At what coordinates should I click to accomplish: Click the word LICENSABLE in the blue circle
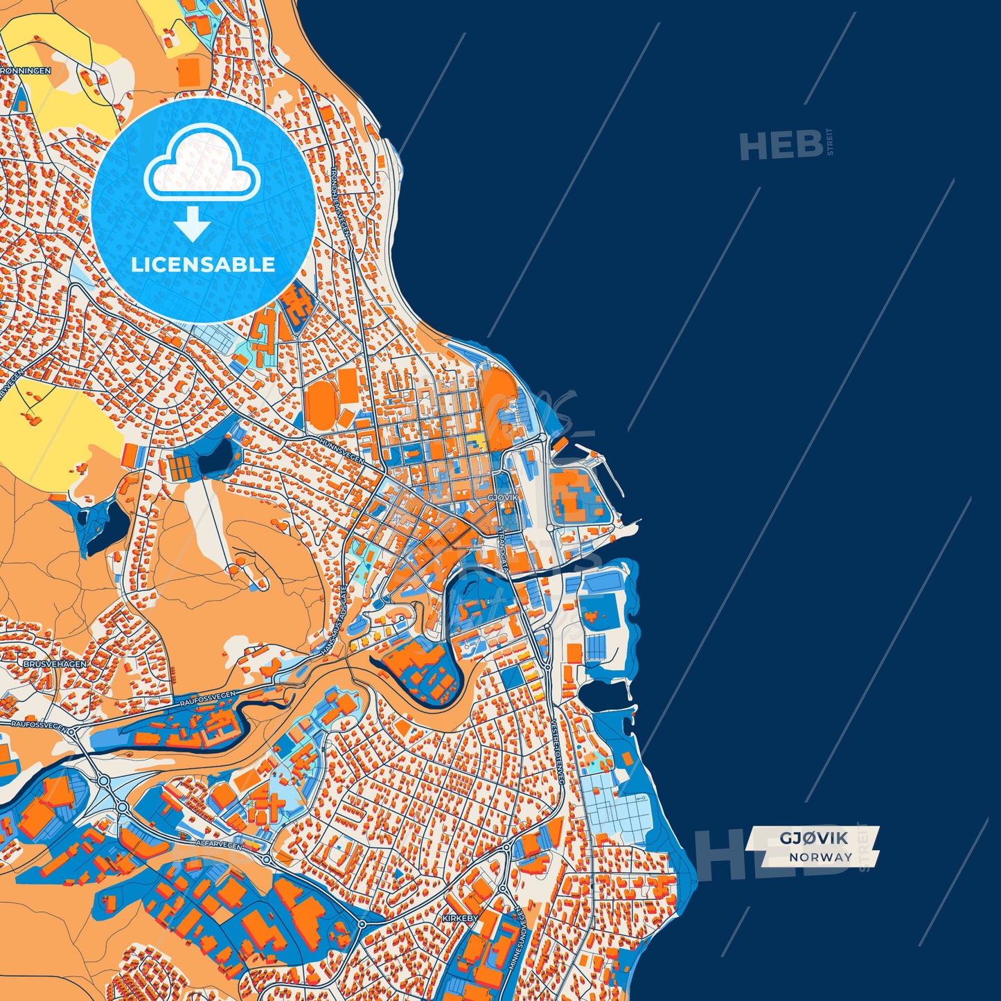pos(203,265)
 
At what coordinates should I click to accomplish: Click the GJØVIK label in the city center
pos(503,497)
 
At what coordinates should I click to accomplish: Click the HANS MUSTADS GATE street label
pos(335,620)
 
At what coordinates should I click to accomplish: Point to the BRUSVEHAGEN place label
pos(55,664)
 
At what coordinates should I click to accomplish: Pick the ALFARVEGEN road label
pos(220,845)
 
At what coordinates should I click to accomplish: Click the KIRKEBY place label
pos(460,918)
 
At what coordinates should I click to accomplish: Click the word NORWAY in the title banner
pos(820,857)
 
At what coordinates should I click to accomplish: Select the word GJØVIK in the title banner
pos(813,838)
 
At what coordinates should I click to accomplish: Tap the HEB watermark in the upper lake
pos(781,145)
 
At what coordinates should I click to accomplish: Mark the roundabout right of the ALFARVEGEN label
pos(267,859)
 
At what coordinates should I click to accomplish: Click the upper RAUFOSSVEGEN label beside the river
pos(208,698)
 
